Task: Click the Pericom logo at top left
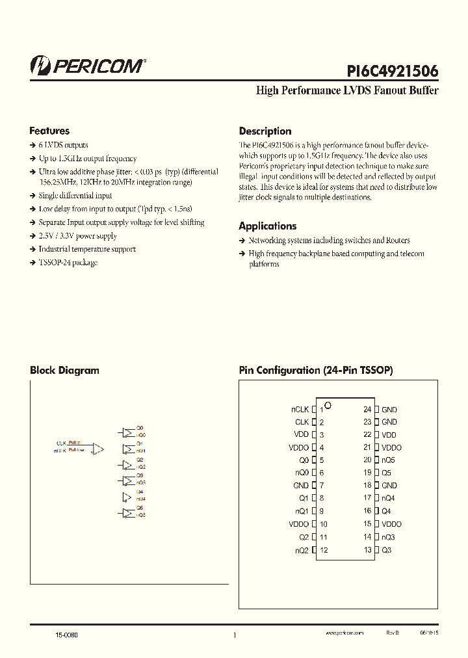pyautogui.click(x=88, y=65)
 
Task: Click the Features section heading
pyautogui.click(x=49, y=131)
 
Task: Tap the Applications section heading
pyautogui.click(x=267, y=226)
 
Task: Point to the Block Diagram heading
pyautogui.click(x=64, y=371)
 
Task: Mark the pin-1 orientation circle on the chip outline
pyautogui.click(x=328, y=405)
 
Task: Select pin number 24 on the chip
pyautogui.click(x=367, y=410)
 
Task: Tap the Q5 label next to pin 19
pyautogui.click(x=386, y=473)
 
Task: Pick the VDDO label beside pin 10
pyautogui.click(x=298, y=524)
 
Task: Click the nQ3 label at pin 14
pyautogui.click(x=388, y=537)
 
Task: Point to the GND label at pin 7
pyautogui.click(x=300, y=486)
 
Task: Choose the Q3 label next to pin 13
pyautogui.click(x=386, y=550)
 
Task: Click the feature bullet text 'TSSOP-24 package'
pyautogui.click(x=68, y=263)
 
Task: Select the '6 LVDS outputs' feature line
pyautogui.click(x=63, y=145)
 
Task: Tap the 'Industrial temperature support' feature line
pyautogui.click(x=87, y=249)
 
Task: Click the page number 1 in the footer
pyautogui.click(x=234, y=635)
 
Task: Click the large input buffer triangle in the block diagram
pyautogui.click(x=98, y=448)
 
